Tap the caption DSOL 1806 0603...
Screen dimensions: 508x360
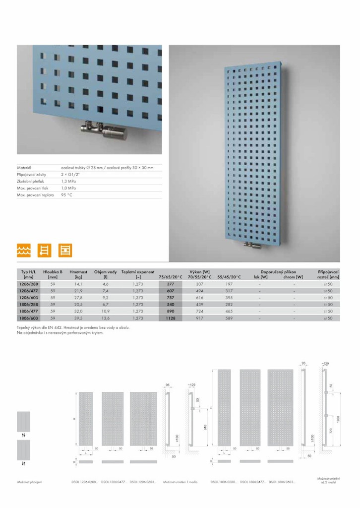(x=280, y=481)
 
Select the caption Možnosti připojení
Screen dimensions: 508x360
(x=29, y=482)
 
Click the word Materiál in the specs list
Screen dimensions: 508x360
(x=24, y=168)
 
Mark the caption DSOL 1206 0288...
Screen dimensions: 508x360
(x=85, y=482)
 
